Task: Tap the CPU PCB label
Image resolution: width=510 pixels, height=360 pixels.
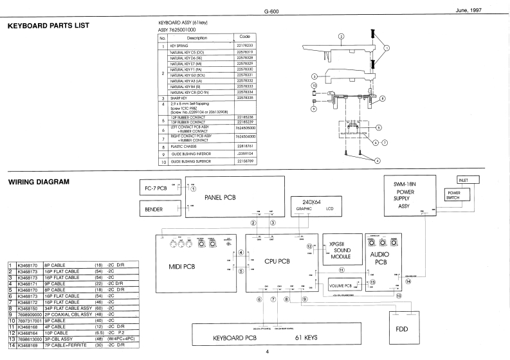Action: pos(277,261)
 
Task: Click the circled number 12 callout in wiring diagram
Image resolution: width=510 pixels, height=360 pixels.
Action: pos(310,246)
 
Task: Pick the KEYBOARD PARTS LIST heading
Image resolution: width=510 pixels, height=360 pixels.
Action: pos(48,26)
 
